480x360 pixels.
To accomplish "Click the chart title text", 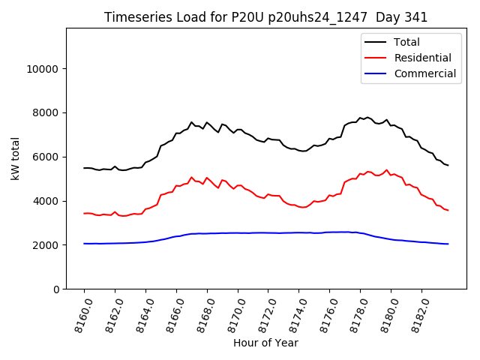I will pos(265,17).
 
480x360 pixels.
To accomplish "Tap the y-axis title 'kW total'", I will pos(15,158).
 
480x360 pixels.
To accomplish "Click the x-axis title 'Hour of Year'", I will pos(265,343).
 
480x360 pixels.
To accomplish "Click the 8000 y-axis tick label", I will pos(47,113).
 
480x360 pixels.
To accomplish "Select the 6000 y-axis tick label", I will pos(47,157).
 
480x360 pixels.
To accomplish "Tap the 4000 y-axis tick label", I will pos(47,201).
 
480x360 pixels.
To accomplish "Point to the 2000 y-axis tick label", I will pos(47,245).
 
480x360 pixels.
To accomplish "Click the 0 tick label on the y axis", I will pos(56,289).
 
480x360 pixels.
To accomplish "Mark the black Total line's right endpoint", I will pos(448,165).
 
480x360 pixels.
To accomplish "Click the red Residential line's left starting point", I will pos(84,213).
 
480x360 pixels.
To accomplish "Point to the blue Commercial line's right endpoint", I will pos(448,244).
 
